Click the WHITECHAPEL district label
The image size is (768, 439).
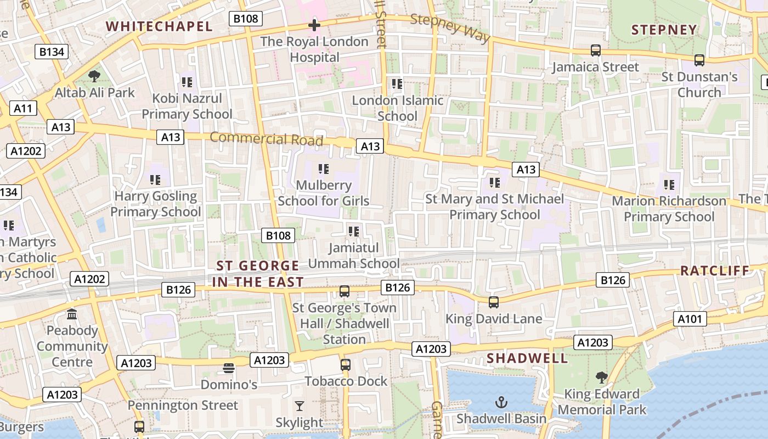pyautogui.click(x=159, y=26)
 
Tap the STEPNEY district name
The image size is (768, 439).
pyautogui.click(x=664, y=30)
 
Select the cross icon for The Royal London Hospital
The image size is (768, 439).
pyautogui.click(x=314, y=25)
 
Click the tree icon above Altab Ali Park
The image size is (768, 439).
pyautogui.click(x=94, y=76)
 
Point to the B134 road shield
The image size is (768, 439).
pyautogui.click(x=52, y=52)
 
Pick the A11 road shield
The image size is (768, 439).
pyautogui.click(x=23, y=108)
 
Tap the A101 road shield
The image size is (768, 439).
pyautogui.click(x=690, y=319)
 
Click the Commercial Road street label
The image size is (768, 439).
pyautogui.click(x=267, y=138)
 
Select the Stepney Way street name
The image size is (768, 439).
pyautogui.click(x=450, y=27)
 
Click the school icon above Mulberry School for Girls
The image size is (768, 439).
pyautogui.click(x=324, y=169)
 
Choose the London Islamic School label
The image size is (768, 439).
pyautogui.click(x=397, y=108)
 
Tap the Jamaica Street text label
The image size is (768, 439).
pyautogui.click(x=595, y=67)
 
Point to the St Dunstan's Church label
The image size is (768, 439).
pyautogui.click(x=699, y=85)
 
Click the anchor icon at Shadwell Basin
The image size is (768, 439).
pyautogui.click(x=501, y=403)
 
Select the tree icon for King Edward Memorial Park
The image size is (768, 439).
pyautogui.click(x=602, y=378)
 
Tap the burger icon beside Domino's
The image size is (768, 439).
pyautogui.click(x=229, y=368)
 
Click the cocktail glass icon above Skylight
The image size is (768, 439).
pyautogui.click(x=299, y=406)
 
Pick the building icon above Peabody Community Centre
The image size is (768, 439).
pyautogui.click(x=72, y=314)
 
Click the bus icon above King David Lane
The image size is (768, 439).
pyautogui.click(x=494, y=302)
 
